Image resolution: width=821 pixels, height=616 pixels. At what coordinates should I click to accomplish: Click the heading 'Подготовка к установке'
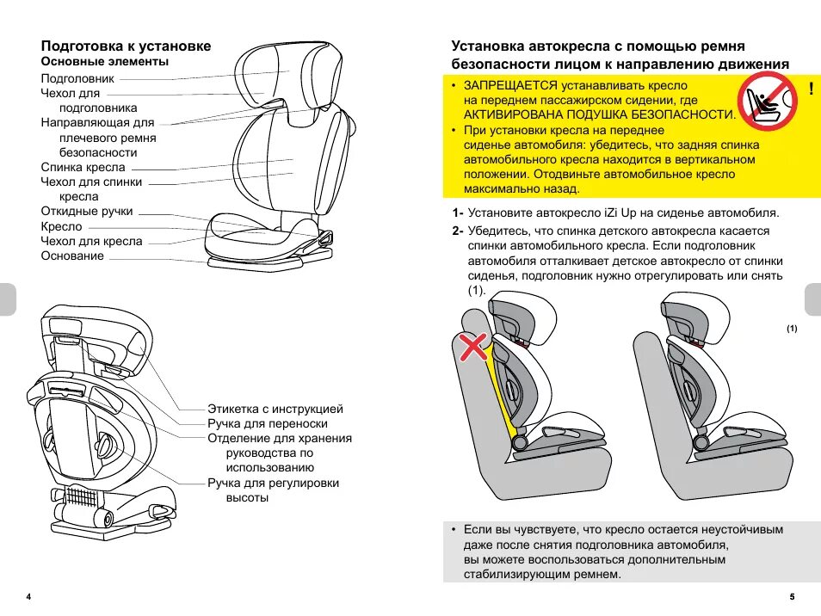tap(126, 46)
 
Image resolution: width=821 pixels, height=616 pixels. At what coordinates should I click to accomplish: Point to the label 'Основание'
tap(72, 256)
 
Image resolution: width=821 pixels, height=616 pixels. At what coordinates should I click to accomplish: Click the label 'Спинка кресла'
tap(83, 167)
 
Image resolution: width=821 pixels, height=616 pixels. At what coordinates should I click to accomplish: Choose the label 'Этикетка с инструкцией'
tap(275, 409)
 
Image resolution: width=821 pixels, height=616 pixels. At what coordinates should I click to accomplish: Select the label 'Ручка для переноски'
tap(268, 423)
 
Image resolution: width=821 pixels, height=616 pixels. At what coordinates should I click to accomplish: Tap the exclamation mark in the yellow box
tap(811, 89)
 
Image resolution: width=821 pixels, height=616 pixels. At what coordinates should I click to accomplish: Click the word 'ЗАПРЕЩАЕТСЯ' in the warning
tap(511, 87)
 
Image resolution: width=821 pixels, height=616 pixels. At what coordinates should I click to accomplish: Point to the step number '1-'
tap(456, 213)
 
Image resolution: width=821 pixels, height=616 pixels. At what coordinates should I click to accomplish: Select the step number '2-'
tap(456, 231)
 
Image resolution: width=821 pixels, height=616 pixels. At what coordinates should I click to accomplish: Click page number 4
tap(29, 597)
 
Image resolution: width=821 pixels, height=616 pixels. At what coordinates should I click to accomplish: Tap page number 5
tap(791, 597)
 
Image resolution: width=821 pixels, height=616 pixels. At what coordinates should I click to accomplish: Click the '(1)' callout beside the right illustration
tap(791, 330)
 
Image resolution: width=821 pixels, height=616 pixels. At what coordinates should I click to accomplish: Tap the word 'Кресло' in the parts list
tap(61, 226)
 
